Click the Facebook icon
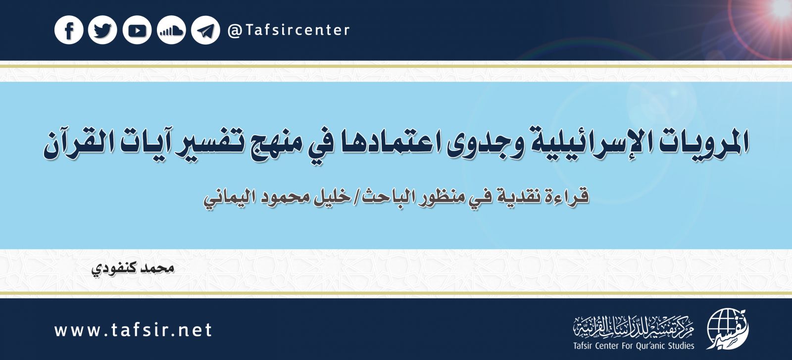69,31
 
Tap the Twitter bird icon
102,31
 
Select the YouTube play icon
137,31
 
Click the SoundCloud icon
171,31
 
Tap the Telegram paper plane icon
205,31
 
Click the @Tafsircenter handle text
289,30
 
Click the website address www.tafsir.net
133,330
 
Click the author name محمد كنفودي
134,269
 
